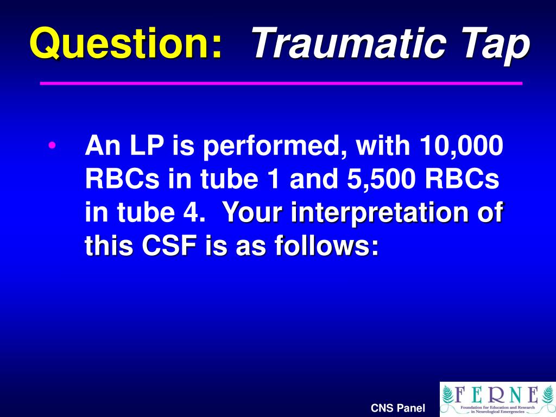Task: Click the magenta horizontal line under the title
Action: (x=281, y=83)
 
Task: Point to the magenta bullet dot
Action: (x=52, y=146)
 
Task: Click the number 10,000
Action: (x=461, y=146)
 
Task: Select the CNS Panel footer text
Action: (x=398, y=408)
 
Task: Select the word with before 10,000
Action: (x=382, y=146)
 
